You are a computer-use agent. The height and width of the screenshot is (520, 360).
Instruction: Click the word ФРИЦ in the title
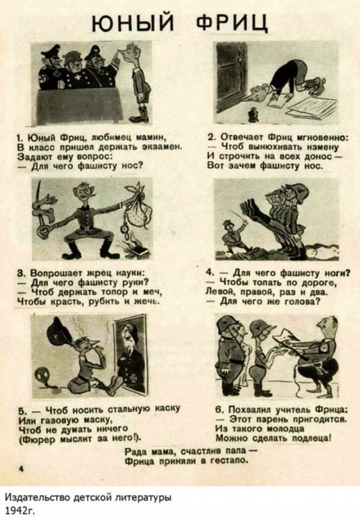click(x=232, y=22)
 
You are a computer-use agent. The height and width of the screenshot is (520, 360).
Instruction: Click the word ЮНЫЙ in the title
click(x=133, y=22)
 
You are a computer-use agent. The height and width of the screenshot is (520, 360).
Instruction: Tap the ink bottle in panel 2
click(x=253, y=114)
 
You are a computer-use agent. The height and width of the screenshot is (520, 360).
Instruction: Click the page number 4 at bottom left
click(x=21, y=469)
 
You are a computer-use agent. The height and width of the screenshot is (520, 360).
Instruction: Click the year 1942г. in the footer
click(x=20, y=510)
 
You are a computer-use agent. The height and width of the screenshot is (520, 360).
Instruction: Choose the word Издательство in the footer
click(x=38, y=497)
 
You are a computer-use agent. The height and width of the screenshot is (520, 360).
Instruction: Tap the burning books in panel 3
click(x=134, y=249)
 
